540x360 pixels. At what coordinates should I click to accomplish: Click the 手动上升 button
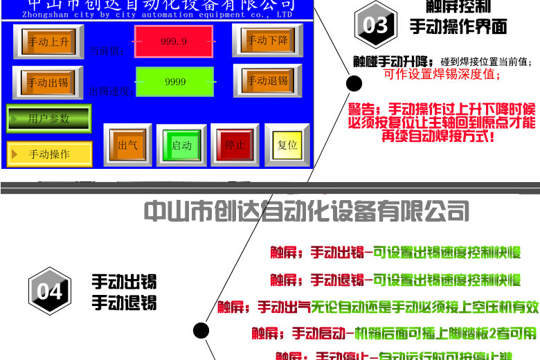(x=48, y=42)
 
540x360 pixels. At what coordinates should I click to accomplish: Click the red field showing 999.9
(x=174, y=42)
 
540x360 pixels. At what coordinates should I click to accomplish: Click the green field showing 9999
(x=175, y=82)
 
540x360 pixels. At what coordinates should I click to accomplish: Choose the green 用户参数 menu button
(x=49, y=118)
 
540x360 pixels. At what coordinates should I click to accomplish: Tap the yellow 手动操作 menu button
(x=49, y=154)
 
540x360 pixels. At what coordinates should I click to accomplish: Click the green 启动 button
(x=181, y=145)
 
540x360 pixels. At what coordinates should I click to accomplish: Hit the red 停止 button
(x=235, y=145)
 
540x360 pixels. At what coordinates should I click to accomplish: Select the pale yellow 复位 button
(x=287, y=145)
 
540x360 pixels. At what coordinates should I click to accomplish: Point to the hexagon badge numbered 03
(x=375, y=26)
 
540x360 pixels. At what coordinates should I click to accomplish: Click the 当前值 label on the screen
(x=106, y=50)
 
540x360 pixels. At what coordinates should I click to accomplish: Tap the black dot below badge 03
(x=354, y=84)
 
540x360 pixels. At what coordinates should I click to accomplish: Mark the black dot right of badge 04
(x=201, y=330)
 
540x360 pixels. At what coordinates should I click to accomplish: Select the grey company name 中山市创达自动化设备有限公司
(x=306, y=210)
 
